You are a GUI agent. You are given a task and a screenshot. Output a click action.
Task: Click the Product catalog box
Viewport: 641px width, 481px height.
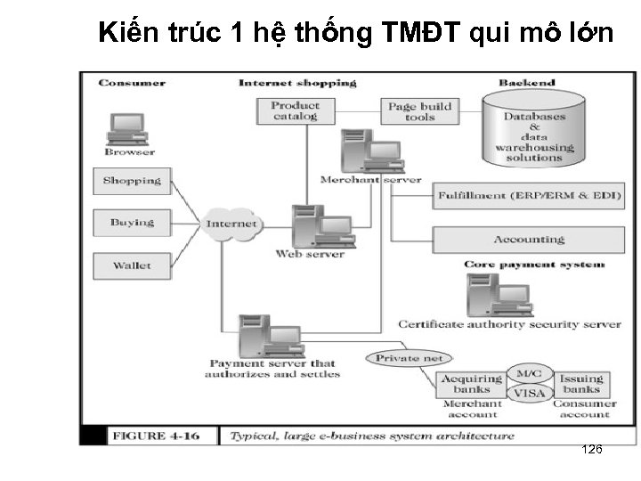[x=295, y=110]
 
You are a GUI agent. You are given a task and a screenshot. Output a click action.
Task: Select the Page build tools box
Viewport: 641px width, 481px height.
[x=419, y=110]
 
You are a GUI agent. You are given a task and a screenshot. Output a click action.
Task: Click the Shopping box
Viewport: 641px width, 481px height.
[x=132, y=181]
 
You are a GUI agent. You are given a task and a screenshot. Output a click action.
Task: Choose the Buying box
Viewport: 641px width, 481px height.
[x=132, y=223]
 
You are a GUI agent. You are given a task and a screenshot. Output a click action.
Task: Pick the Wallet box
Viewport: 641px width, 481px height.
[x=132, y=265]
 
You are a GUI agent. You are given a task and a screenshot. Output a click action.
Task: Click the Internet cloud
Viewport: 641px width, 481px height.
[x=231, y=224]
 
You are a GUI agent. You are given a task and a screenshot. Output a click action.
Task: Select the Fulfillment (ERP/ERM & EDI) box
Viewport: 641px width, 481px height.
[x=528, y=196]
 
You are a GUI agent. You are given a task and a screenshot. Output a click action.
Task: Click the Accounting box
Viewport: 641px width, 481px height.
[x=528, y=240]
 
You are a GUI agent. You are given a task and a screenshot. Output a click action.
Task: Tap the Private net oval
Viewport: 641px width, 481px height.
[x=409, y=358]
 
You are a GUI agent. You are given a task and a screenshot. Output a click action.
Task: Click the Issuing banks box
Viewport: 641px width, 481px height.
[x=580, y=384]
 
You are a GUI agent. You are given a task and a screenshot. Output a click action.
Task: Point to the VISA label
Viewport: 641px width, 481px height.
[x=530, y=393]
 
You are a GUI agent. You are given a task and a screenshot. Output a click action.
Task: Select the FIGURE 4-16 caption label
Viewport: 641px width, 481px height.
[x=152, y=436]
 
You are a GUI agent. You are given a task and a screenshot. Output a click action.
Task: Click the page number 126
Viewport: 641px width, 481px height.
[x=591, y=449]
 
